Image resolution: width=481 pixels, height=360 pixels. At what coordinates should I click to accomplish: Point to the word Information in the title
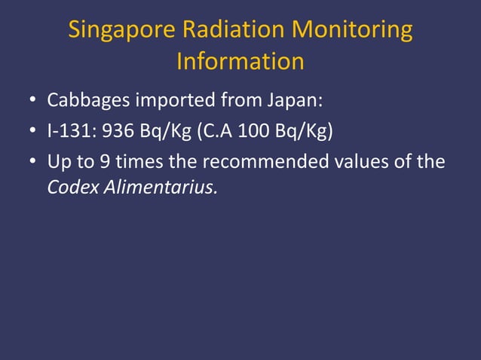point(240,61)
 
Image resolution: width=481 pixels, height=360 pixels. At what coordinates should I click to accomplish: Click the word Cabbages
point(87,100)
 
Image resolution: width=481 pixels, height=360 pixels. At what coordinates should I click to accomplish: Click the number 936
point(118,132)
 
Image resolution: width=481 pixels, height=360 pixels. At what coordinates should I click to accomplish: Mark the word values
point(363,163)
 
